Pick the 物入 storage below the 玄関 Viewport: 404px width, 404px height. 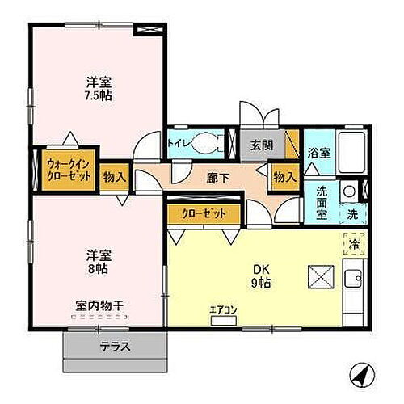(x=284, y=175)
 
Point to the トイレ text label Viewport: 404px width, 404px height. (x=179, y=145)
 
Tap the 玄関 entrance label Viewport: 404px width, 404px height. (x=262, y=145)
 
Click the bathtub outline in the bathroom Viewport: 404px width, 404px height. (x=348, y=151)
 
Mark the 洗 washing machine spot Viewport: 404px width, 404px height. (x=353, y=215)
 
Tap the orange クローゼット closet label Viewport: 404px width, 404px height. (x=200, y=213)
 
